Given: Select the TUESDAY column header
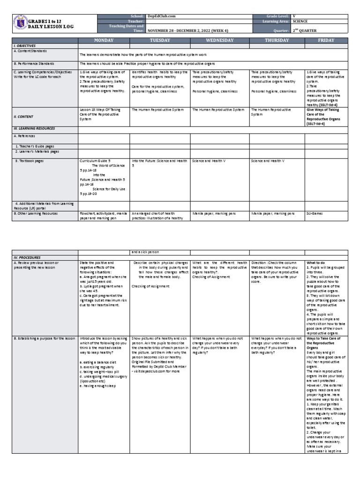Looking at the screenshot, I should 160,41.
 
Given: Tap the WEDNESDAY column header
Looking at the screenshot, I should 219,41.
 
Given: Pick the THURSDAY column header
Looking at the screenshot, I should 277,41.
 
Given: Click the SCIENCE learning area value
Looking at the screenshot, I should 301,22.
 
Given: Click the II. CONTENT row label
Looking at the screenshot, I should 23,116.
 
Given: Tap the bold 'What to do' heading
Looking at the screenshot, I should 316,263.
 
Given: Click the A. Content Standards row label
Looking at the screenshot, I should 30,51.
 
